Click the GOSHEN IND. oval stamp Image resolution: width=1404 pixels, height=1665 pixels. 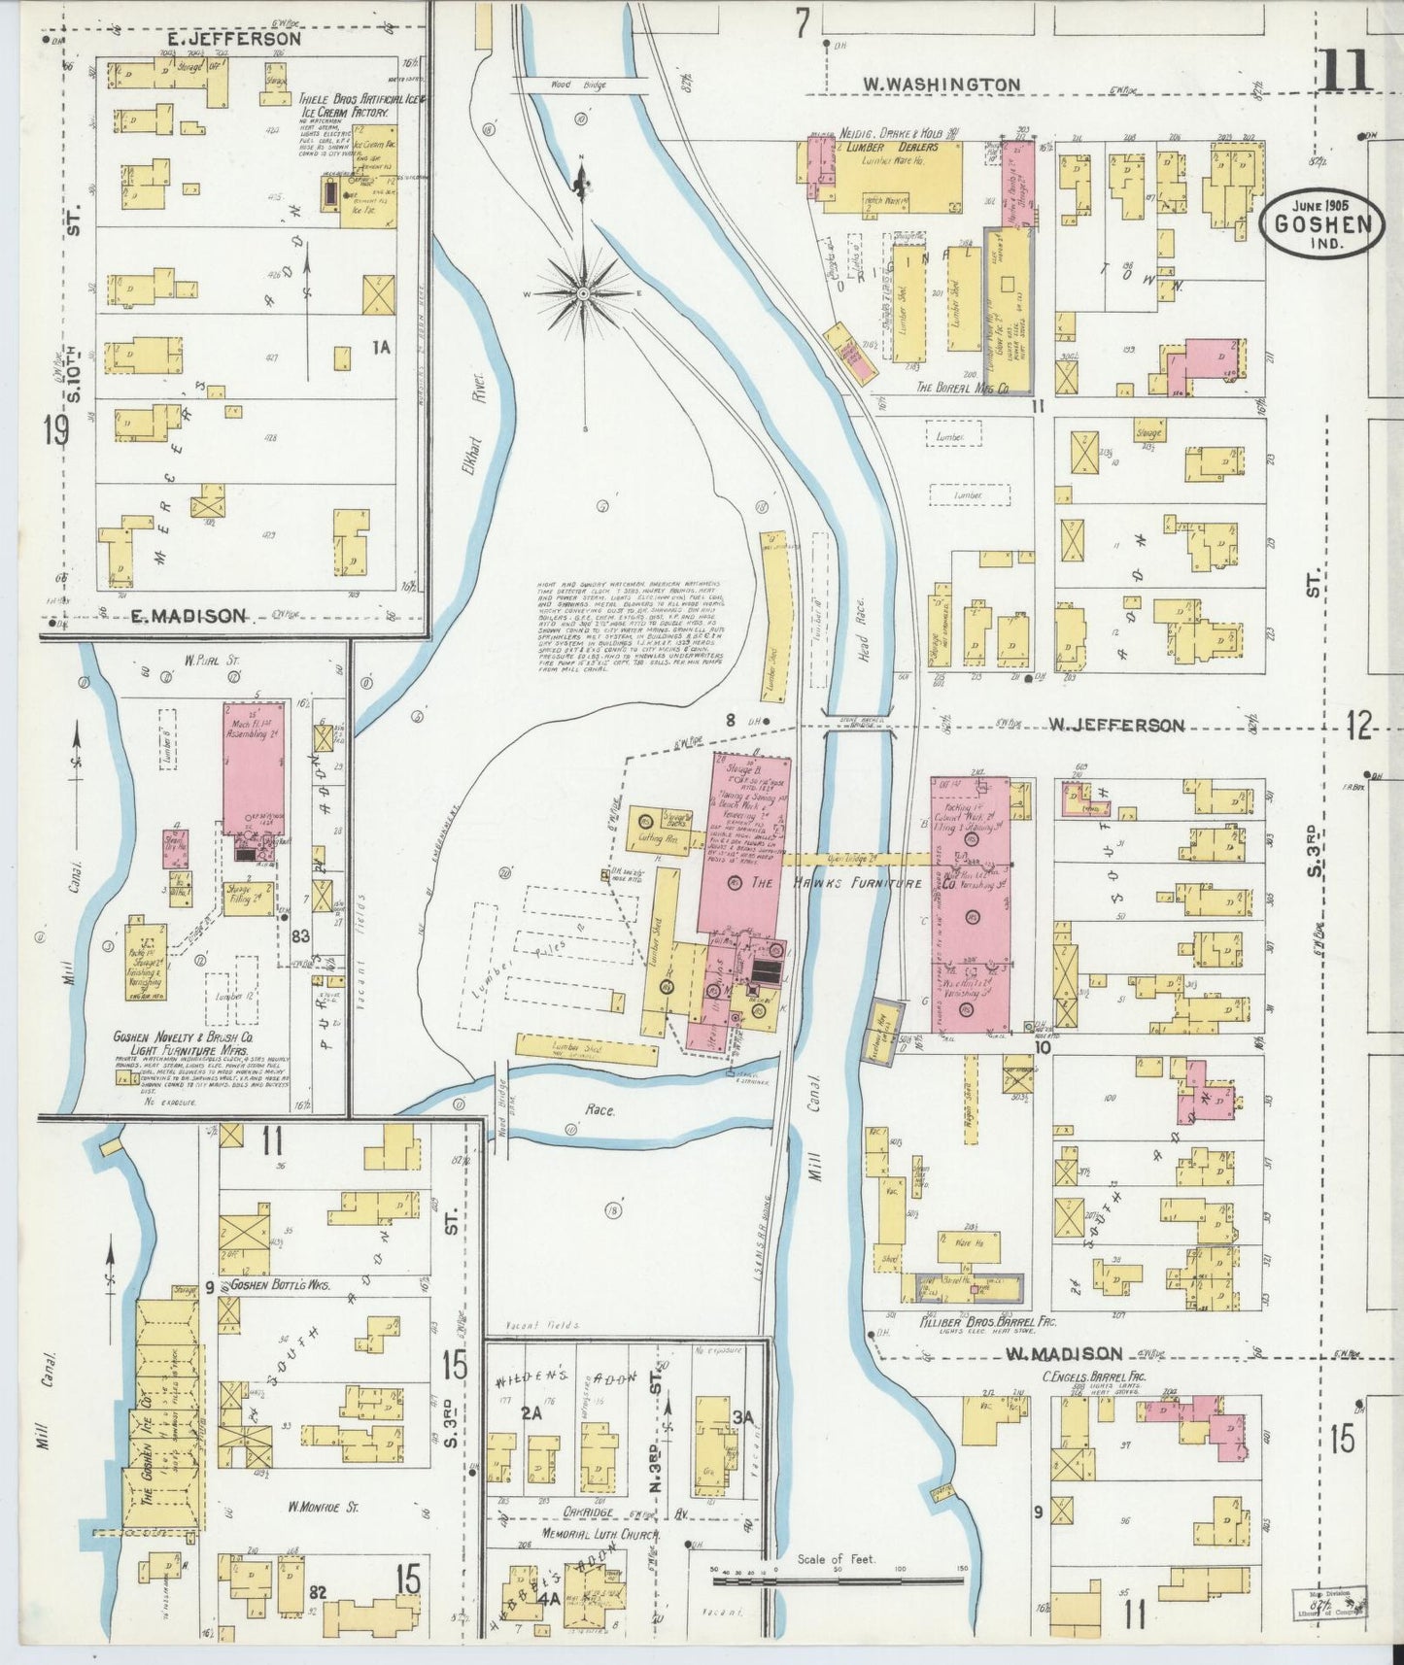pyautogui.click(x=1322, y=226)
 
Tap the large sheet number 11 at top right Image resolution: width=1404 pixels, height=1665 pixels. pyautogui.click(x=1345, y=71)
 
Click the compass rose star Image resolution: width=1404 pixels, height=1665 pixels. pyautogui.click(x=583, y=292)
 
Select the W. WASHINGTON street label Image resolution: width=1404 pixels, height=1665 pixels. pyautogui.click(x=942, y=85)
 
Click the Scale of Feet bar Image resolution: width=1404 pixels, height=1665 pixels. pyautogui.click(x=837, y=1581)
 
